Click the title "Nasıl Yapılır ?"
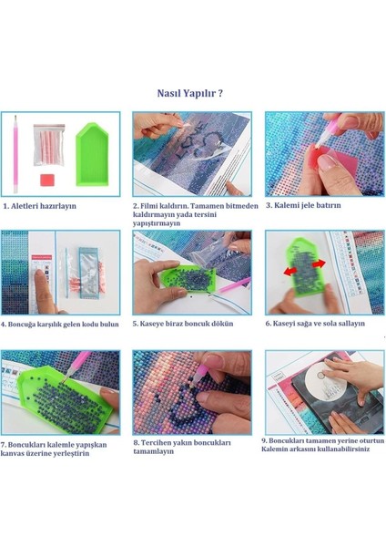pyautogui.click(x=190, y=94)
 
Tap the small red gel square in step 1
pyautogui.click(x=47, y=180)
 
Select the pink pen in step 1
pyautogui.click(x=15, y=154)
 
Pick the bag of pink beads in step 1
pyautogui.click(x=49, y=144)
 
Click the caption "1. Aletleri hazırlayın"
pyautogui.click(x=40, y=206)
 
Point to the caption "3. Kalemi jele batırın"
pyautogui.click(x=303, y=205)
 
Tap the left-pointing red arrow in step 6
pyautogui.click(x=289, y=270)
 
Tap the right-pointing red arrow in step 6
pyautogui.click(x=319, y=263)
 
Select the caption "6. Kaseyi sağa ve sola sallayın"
pyautogui.click(x=315, y=324)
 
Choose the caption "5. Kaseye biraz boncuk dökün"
pyautogui.click(x=183, y=324)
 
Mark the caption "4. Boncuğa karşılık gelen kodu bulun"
pyautogui.click(x=60, y=325)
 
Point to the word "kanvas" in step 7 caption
pyautogui.click(x=13, y=453)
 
